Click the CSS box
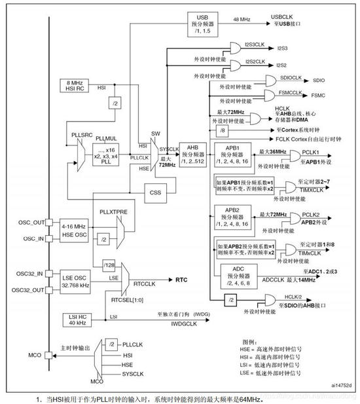[154, 193]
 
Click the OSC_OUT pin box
[33, 222]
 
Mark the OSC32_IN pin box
[33, 273]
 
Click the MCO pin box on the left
[33, 356]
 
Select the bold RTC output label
[182, 279]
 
